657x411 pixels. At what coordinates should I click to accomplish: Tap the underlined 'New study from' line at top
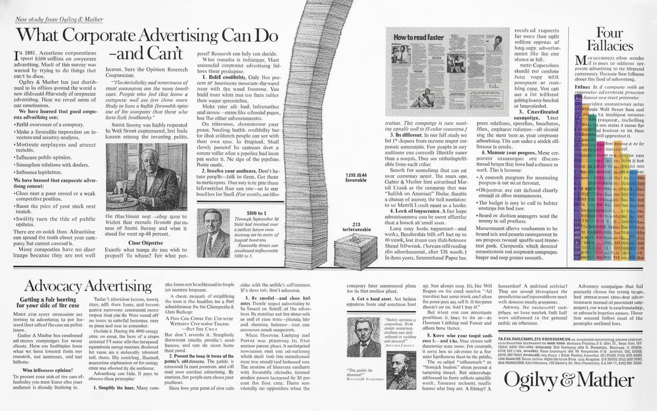pos(59,20)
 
